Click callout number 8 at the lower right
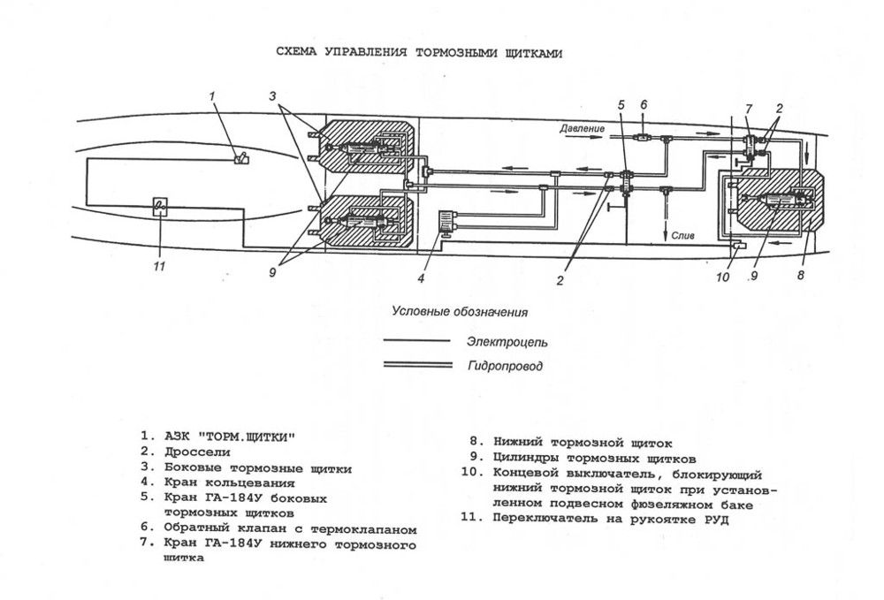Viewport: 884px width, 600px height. click(x=802, y=276)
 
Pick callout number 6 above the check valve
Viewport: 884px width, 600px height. click(x=644, y=104)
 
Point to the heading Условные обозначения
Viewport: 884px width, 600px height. click(x=461, y=311)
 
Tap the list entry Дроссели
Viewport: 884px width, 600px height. click(x=192, y=452)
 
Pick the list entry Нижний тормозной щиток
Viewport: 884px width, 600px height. click(x=583, y=443)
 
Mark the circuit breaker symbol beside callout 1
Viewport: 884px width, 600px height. click(x=240, y=158)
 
